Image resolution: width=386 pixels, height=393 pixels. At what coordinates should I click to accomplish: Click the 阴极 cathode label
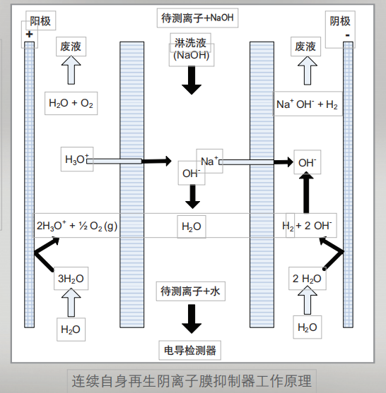coord(340,21)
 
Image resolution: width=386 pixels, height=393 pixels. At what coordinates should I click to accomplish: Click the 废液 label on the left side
coord(71,47)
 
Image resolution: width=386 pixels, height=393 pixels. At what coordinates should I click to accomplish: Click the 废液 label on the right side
coord(305,47)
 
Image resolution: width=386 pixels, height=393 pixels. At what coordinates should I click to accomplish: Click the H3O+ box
coord(77,160)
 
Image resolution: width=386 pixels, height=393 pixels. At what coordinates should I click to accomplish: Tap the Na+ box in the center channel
coord(210,161)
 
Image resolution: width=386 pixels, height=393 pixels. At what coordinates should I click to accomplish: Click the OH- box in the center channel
coord(191,173)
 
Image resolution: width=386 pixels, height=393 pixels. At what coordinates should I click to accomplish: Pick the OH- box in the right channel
coord(307,162)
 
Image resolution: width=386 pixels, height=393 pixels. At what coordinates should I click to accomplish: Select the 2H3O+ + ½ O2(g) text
coord(77,226)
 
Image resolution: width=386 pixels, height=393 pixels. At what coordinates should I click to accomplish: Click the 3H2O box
coord(71,279)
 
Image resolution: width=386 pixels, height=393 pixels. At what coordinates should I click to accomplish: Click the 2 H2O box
coord(308,278)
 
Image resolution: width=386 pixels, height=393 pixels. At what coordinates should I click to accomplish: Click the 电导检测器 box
coord(191,350)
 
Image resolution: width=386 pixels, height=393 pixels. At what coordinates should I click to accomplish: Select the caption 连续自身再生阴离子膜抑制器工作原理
coord(192,381)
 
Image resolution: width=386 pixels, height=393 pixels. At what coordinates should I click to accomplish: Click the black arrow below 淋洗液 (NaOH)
coord(191,83)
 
